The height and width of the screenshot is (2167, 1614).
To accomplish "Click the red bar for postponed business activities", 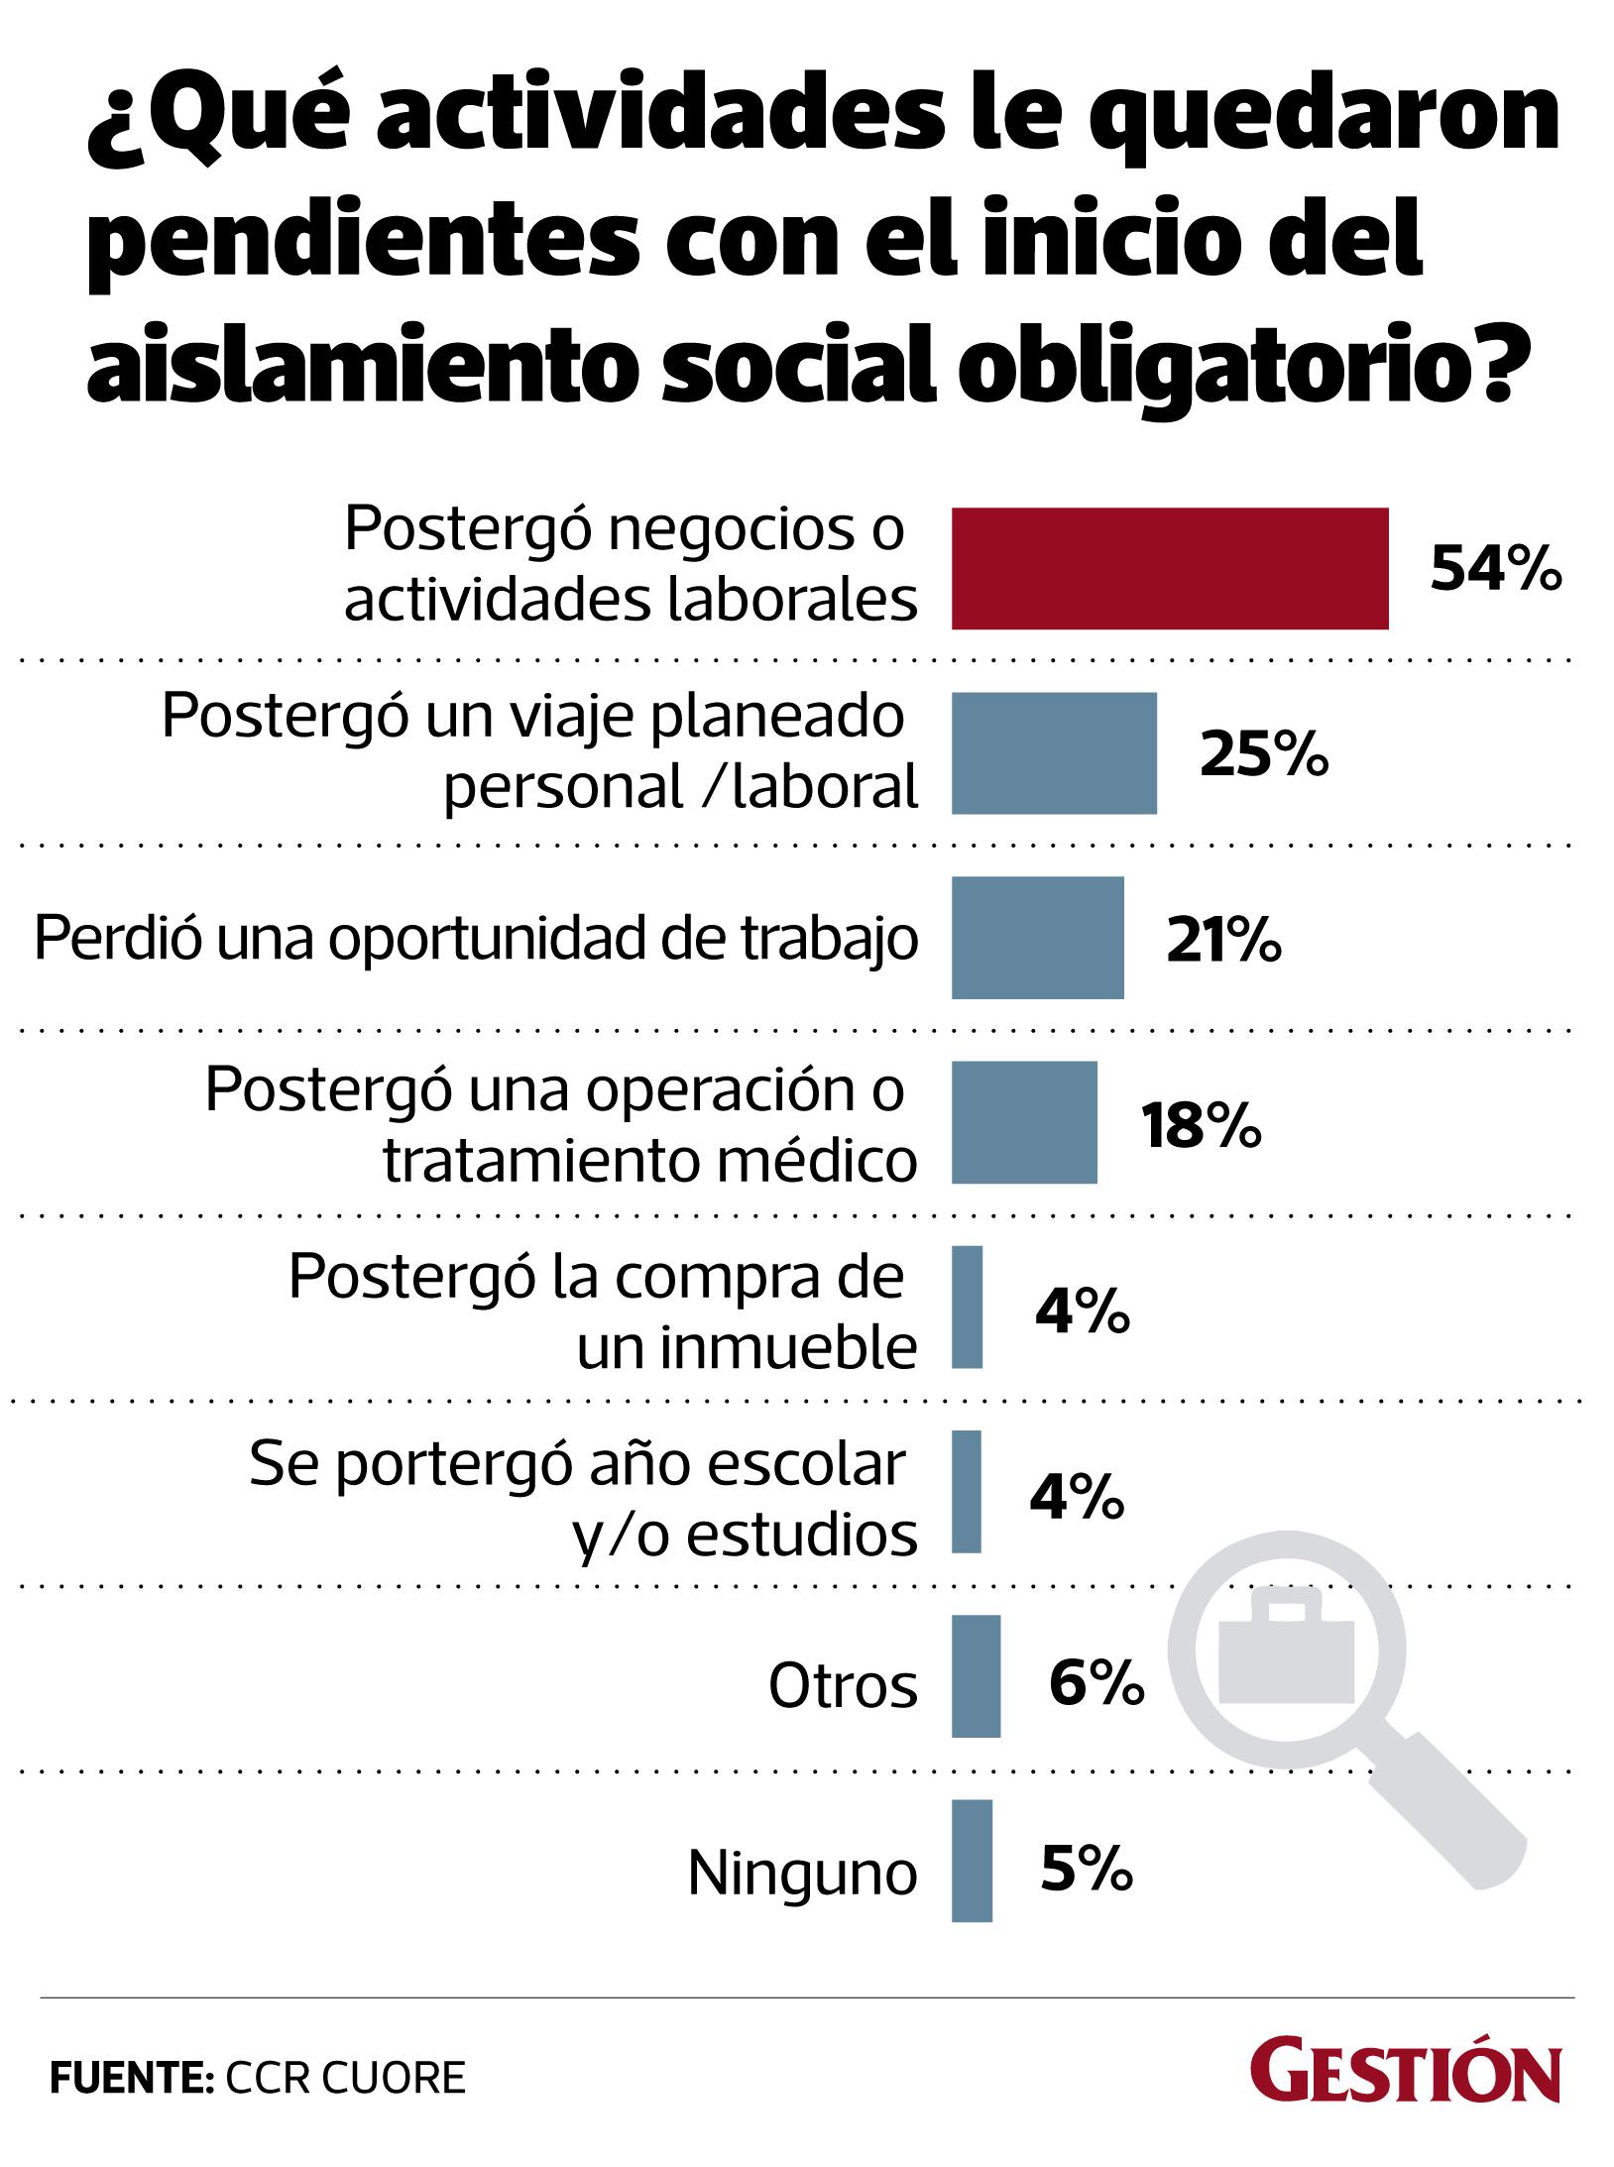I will point(1169,568).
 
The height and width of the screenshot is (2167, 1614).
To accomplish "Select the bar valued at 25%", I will point(1054,752).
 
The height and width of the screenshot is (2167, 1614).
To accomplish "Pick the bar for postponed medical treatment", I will point(1024,1121).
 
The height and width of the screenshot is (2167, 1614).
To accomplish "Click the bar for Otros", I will point(976,1676).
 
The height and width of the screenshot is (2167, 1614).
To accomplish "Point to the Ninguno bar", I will point(972,1861).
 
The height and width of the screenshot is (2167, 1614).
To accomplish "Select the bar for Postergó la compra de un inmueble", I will point(967,1307).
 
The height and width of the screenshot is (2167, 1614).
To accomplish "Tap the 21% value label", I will point(1222,940).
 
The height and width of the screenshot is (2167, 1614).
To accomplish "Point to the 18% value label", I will point(1200,1124).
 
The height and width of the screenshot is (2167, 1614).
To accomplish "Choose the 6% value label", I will point(1096,1679).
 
